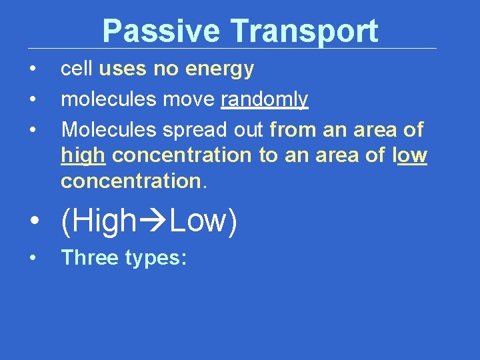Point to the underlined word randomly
(x=264, y=100)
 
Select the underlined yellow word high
(x=83, y=155)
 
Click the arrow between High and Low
(x=153, y=221)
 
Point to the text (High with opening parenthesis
(x=98, y=221)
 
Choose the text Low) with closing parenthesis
(x=203, y=221)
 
